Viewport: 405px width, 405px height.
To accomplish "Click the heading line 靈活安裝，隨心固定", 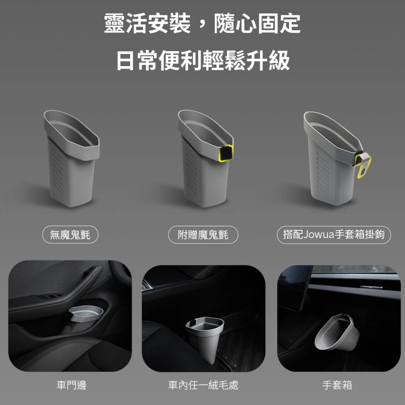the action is [x=202, y=24].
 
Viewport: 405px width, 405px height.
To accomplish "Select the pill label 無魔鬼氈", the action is [x=70, y=235].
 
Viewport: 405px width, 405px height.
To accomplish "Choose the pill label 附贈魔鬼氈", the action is [x=203, y=235].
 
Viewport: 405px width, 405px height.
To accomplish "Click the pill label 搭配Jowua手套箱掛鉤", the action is [x=334, y=235].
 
